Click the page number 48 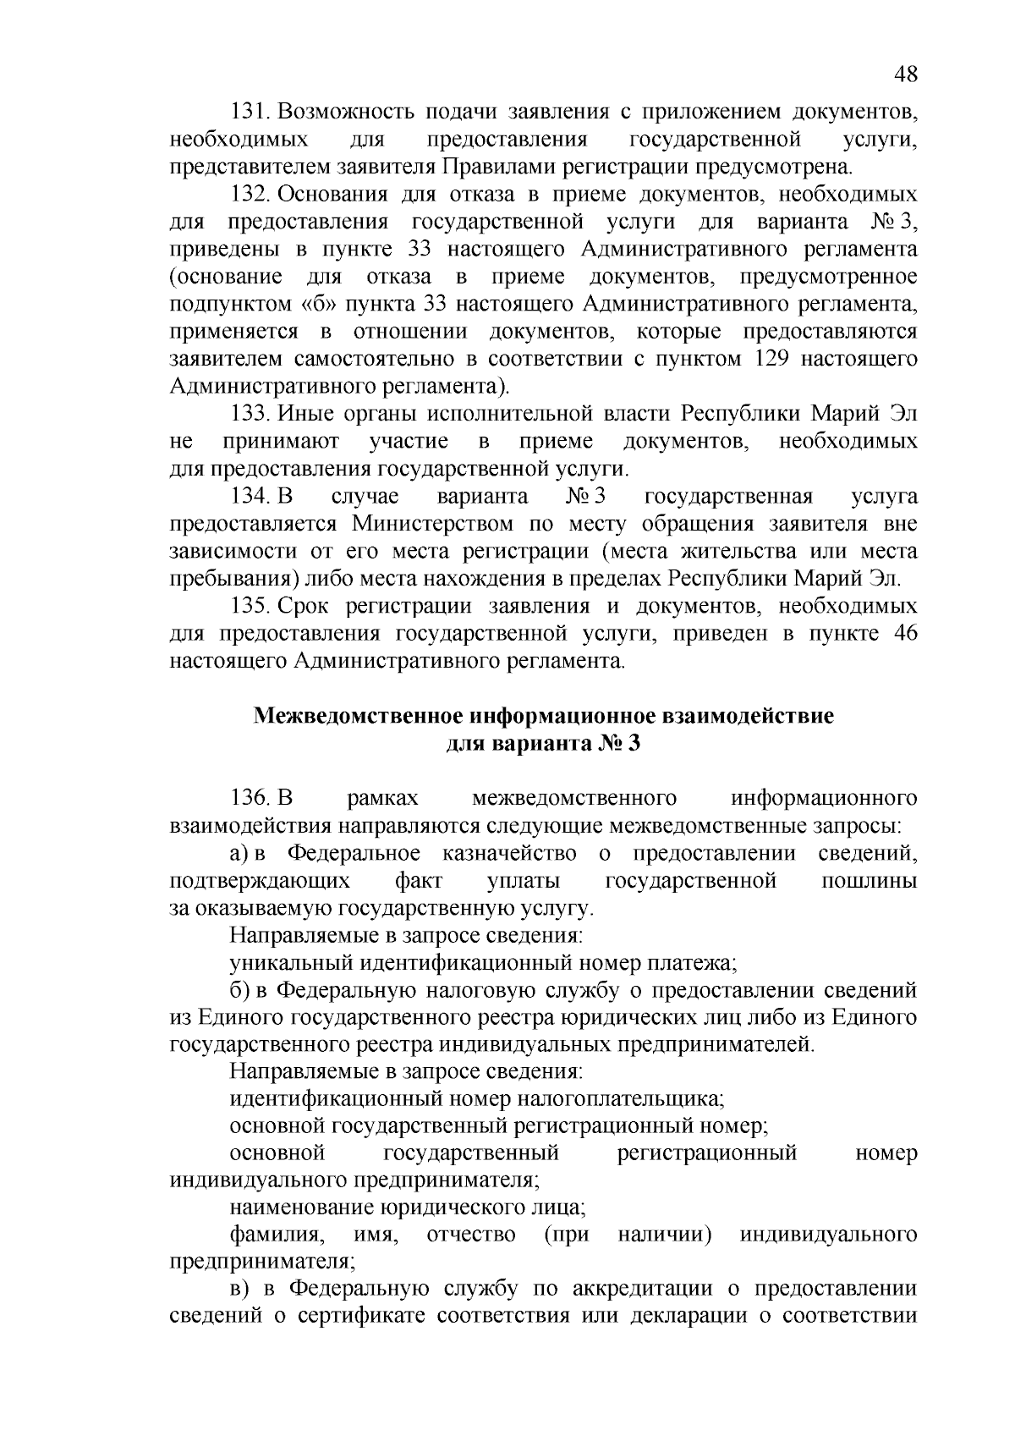(905, 74)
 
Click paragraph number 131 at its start (250, 112)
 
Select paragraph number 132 (250, 195)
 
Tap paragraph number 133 (250, 415)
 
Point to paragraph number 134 (250, 497)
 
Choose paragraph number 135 (250, 607)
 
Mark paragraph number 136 (250, 799)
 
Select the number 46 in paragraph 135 (905, 634)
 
